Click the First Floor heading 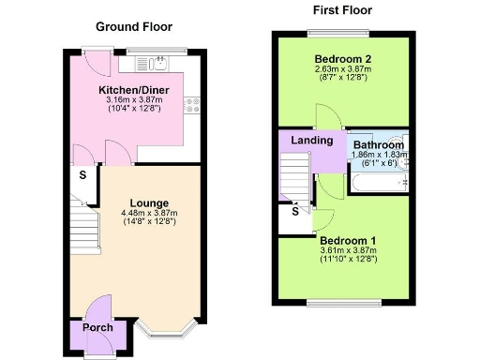[x=342, y=10]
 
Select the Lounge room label [x=149, y=202]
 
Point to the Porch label [x=97, y=328]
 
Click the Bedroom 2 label [x=342, y=58]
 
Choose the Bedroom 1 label [x=348, y=241]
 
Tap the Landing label [x=312, y=141]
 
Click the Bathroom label [x=379, y=145]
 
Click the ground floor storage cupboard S [x=82, y=175]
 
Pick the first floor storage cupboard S [x=294, y=211]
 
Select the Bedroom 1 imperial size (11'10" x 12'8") [x=348, y=260]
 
